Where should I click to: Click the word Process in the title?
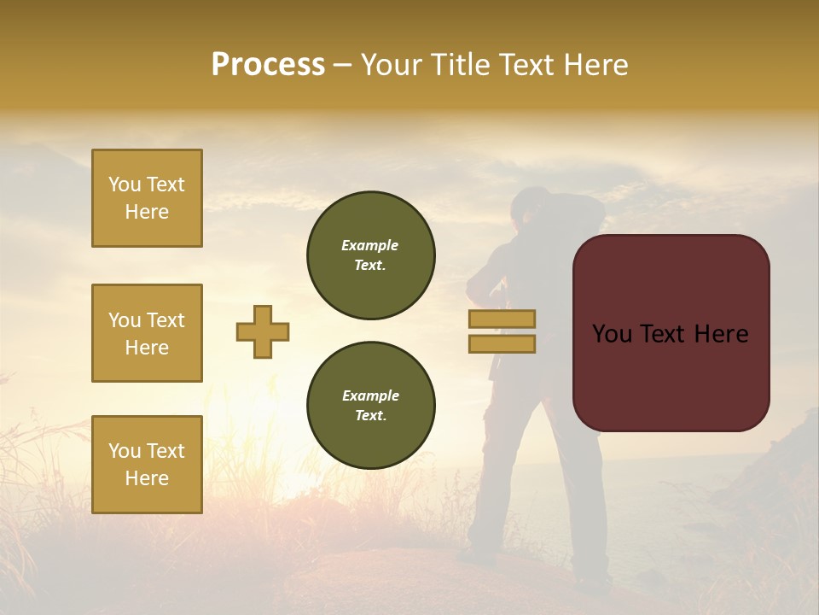click(268, 65)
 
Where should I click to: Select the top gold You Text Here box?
click(147, 198)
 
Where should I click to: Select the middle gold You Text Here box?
click(147, 333)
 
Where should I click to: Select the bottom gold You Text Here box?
click(147, 465)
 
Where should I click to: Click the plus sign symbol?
click(263, 331)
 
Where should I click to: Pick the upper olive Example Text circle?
click(370, 255)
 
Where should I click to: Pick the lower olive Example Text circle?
click(370, 406)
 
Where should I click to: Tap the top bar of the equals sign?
click(502, 319)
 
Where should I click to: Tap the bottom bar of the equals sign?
click(502, 343)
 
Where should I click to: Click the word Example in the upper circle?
click(370, 245)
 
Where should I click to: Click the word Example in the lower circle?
click(370, 395)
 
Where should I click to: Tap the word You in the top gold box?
click(124, 184)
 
